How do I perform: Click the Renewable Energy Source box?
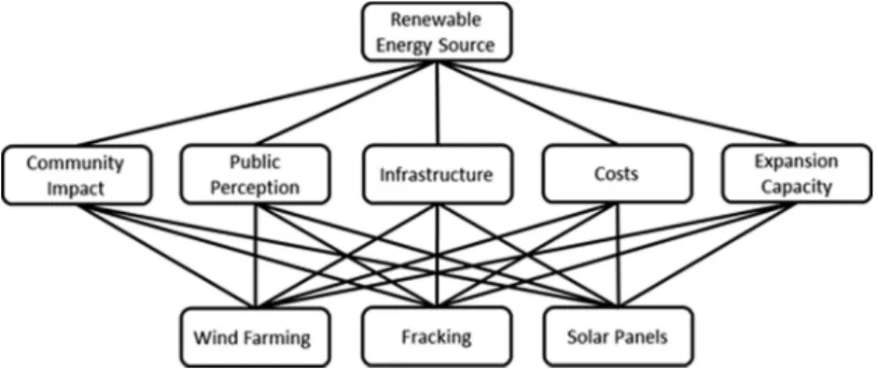coord(437,32)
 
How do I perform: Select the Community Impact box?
coord(77,175)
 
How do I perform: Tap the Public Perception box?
coord(256,175)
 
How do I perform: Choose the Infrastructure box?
coord(437,175)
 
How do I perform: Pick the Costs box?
coord(617,173)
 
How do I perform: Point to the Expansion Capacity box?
coord(796,173)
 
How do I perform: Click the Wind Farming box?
coord(256,337)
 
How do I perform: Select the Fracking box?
coord(437,336)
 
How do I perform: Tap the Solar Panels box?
coord(617,336)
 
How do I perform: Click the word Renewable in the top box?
coord(436,21)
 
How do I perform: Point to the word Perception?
coord(256,188)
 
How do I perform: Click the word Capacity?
coord(796,188)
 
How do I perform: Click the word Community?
coord(75,163)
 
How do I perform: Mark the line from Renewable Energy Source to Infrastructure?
coord(438,103)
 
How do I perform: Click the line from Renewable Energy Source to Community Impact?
coord(257,104)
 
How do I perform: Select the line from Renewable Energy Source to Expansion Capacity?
coord(617,103)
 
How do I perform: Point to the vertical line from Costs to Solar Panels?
coord(619,255)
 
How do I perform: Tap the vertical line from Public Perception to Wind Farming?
coord(256,256)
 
